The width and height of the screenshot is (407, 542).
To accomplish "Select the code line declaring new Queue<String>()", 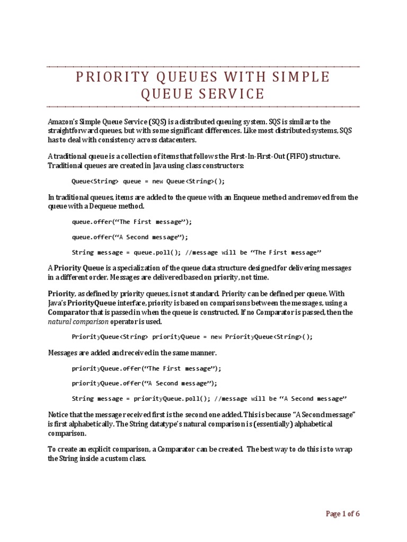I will click(148, 180).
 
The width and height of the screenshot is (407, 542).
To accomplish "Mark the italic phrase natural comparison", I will click(78, 321).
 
